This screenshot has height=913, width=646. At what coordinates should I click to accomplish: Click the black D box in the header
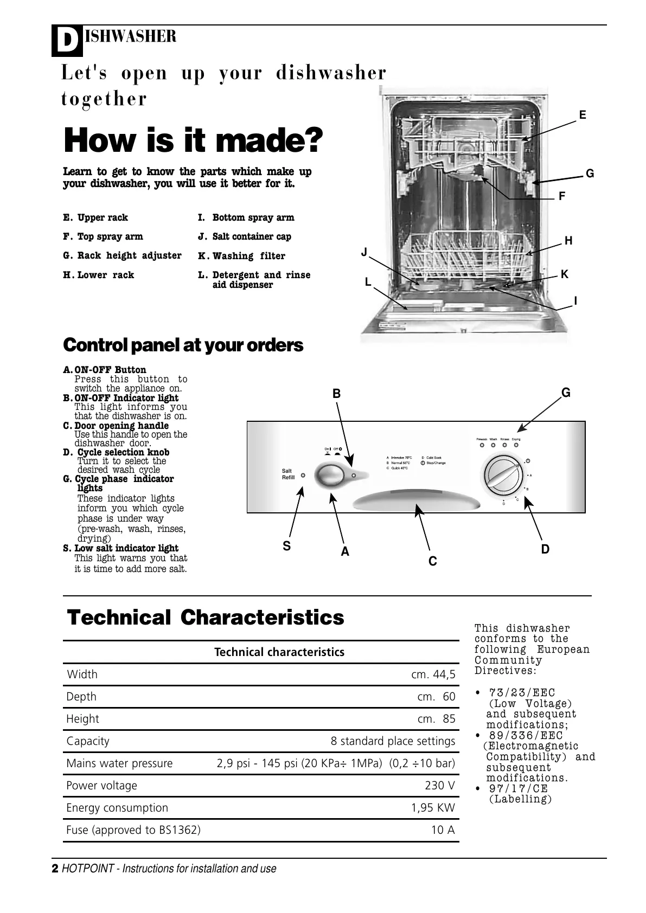click(x=67, y=41)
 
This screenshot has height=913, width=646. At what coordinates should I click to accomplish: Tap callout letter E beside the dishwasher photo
click(x=583, y=115)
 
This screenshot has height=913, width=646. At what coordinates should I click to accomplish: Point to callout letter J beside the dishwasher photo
click(x=364, y=252)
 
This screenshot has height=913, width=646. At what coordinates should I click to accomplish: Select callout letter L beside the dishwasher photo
click(x=368, y=282)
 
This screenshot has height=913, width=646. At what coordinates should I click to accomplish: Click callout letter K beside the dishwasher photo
click(x=565, y=274)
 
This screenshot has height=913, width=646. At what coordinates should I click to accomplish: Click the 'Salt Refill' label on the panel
click(x=288, y=474)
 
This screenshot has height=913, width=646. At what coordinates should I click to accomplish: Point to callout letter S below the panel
click(x=287, y=546)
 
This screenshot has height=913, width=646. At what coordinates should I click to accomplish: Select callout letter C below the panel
click(x=432, y=562)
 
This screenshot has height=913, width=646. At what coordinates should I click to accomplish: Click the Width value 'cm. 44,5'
click(x=433, y=674)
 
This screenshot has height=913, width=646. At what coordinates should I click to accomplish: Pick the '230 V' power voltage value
click(x=440, y=786)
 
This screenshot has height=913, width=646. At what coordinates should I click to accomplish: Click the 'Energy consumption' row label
click(x=117, y=808)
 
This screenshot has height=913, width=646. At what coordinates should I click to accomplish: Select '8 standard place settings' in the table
click(x=393, y=741)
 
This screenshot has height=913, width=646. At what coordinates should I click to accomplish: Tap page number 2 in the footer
click(x=55, y=869)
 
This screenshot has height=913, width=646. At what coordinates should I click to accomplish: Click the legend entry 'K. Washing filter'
click(x=241, y=256)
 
